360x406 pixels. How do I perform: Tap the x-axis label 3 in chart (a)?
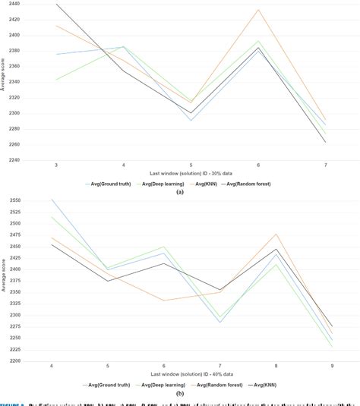(56, 165)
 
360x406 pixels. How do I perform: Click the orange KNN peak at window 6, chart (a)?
(258, 10)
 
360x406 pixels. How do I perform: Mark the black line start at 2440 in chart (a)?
(57, 5)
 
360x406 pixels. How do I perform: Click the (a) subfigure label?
(180, 193)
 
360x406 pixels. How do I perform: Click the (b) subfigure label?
(180, 394)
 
